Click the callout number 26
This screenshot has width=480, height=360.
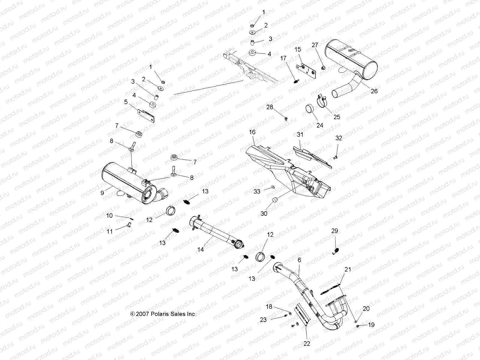point(374,91)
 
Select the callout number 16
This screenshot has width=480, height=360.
point(252,132)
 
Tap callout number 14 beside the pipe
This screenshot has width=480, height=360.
point(200,249)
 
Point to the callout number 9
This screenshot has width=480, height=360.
point(102,193)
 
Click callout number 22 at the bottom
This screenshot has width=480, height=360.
point(306,344)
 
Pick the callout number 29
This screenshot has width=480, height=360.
point(334,231)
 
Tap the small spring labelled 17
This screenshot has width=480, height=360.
point(295,81)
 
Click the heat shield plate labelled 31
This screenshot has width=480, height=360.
point(312,155)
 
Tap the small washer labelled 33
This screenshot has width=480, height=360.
point(272,187)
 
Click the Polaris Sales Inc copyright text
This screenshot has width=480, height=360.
point(163,314)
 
